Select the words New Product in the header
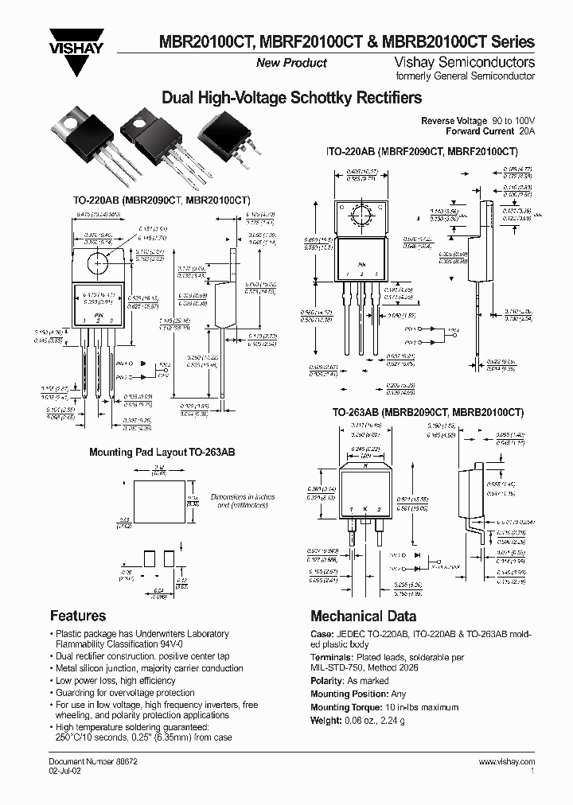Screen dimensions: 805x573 (x=291, y=64)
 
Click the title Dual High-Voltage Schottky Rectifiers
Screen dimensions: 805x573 (x=291, y=99)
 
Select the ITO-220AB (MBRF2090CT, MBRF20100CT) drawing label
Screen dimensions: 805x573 (x=422, y=151)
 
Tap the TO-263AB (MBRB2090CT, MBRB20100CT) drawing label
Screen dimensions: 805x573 (x=427, y=413)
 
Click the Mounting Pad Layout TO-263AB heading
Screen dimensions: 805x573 (x=162, y=452)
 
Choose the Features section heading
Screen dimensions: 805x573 (x=78, y=616)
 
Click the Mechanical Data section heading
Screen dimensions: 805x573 (x=363, y=616)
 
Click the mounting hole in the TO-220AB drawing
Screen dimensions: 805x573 (x=99, y=261)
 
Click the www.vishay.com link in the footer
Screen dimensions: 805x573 (x=506, y=762)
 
